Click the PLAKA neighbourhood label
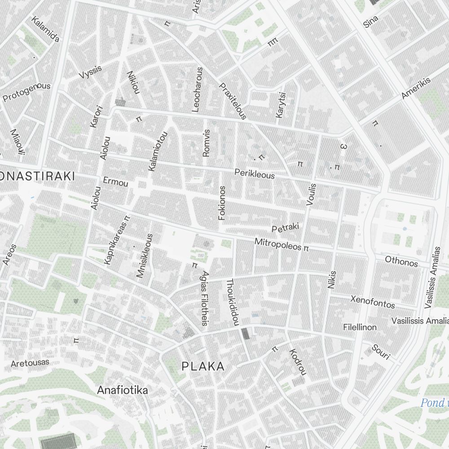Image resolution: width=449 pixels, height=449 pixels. click(203, 366)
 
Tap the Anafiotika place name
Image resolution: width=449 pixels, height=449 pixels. click(122, 390)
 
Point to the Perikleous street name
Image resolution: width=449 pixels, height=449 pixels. click(255, 173)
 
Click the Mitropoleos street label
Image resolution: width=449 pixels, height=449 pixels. click(278, 244)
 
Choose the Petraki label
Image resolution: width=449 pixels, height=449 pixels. click(285, 228)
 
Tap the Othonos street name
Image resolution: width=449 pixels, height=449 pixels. click(401, 262)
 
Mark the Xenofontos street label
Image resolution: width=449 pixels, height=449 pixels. click(373, 302)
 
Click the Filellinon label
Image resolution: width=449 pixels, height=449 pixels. click(360, 327)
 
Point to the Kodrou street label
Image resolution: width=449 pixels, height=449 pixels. click(298, 362)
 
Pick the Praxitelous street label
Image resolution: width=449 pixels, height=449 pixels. click(233, 101)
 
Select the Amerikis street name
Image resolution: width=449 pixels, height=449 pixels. click(416, 88)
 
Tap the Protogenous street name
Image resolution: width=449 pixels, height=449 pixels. click(26, 92)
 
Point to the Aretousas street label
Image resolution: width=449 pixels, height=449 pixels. click(30, 362)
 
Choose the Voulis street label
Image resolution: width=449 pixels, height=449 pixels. click(311, 194)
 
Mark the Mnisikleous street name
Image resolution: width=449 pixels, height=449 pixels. click(145, 255)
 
